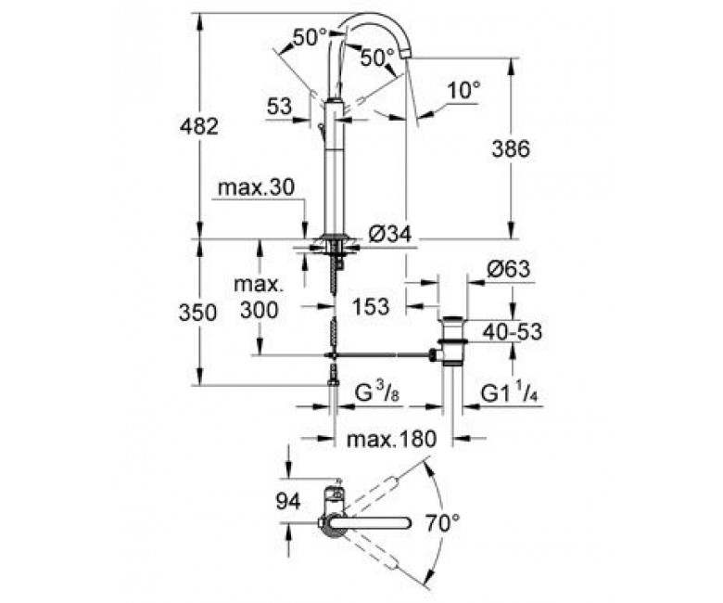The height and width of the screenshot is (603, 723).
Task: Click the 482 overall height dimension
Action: point(198,126)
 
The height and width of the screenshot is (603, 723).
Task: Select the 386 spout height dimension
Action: point(511,149)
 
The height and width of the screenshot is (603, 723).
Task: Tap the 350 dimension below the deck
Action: point(197,313)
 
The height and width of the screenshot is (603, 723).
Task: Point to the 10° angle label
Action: point(463,90)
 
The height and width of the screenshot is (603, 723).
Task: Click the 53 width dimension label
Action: point(279,107)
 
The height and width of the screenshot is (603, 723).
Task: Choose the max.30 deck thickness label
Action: point(256,187)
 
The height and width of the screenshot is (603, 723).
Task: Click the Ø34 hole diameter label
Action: point(390,235)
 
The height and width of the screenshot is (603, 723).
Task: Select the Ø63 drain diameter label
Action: point(509,269)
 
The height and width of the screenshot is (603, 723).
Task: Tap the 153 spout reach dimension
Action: point(371,306)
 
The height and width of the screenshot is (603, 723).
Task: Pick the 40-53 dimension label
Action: point(513,332)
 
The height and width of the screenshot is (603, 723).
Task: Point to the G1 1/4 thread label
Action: point(511,393)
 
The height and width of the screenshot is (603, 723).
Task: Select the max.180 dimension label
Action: point(391,439)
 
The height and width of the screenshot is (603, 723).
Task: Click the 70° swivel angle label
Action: point(443,523)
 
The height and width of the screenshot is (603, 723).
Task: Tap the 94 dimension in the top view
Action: point(288,501)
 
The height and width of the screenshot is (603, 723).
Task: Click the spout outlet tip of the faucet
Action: point(406,55)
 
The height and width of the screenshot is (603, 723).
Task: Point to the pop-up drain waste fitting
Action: point(452,342)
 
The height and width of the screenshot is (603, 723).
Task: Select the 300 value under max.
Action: point(260,310)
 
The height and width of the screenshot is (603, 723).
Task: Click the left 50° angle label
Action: point(310,37)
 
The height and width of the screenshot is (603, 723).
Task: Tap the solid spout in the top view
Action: point(369,523)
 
